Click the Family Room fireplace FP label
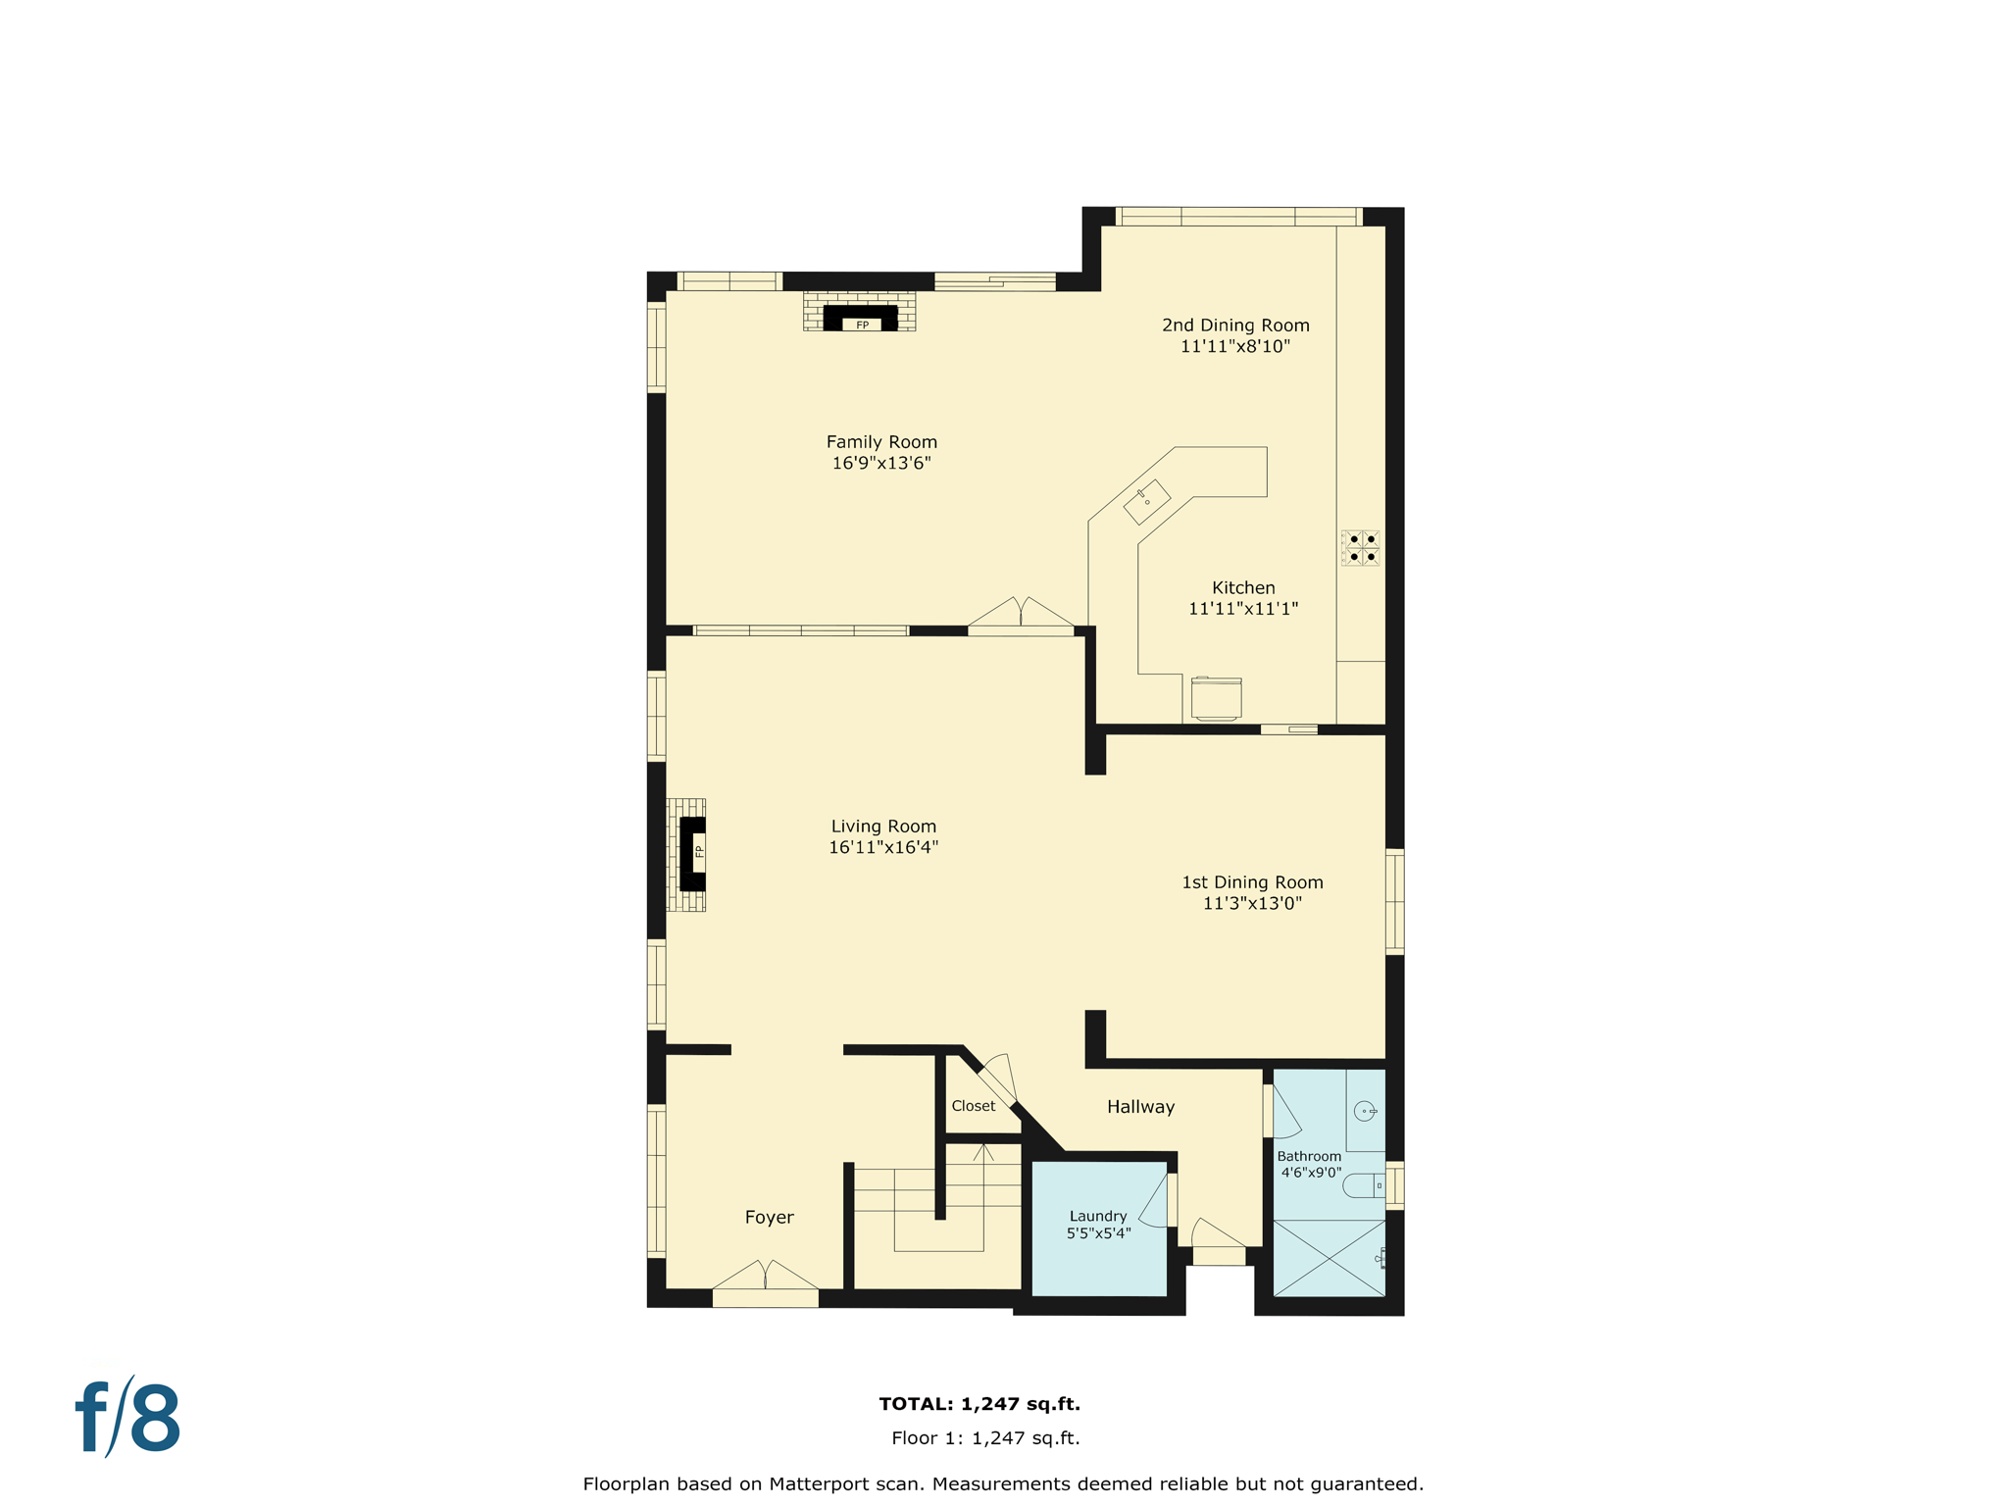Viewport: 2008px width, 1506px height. point(862,326)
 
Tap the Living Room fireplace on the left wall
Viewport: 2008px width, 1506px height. point(692,853)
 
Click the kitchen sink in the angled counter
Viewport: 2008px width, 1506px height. point(1146,502)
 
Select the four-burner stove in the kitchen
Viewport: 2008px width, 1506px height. point(1361,548)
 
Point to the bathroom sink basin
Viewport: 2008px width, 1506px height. point(1364,1111)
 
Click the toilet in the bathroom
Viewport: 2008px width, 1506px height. point(1363,1185)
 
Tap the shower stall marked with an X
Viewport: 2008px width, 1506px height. point(1329,1258)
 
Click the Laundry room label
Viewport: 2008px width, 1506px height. point(1098,1216)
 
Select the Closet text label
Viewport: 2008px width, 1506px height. point(973,1106)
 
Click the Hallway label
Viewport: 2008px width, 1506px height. point(1140,1107)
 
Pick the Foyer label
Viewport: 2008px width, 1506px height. point(769,1218)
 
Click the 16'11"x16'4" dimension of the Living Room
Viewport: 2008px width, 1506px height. point(883,848)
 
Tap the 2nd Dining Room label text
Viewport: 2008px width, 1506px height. point(1235,326)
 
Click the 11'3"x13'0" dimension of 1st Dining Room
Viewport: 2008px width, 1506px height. point(1252,904)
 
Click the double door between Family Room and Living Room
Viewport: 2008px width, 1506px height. point(1021,619)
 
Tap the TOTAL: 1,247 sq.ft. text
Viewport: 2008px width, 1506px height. point(979,1404)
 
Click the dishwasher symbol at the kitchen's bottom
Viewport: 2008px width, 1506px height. point(1216,698)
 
